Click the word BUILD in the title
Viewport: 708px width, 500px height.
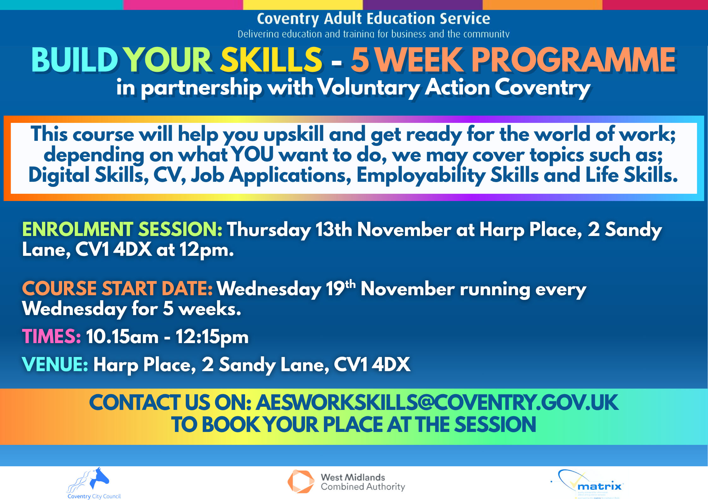pyautogui.click(x=75, y=60)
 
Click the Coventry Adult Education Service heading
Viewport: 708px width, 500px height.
pyautogui.click(x=373, y=18)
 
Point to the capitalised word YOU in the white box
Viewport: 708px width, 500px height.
pyautogui.click(x=252, y=155)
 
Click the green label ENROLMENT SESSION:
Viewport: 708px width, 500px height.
pyautogui.click(x=122, y=229)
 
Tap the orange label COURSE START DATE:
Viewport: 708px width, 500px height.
pyautogui.click(x=117, y=288)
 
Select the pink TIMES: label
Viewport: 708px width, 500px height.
pyautogui.click(x=51, y=336)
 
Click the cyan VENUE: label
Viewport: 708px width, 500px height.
pyautogui.click(x=55, y=364)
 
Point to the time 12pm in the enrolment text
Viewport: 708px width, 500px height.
pyautogui.click(x=207, y=250)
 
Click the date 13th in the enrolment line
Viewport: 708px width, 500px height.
pyautogui.click(x=334, y=229)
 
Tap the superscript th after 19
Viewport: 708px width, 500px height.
pyautogui.click(x=350, y=284)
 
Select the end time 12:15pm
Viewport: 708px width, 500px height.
pyautogui.click(x=212, y=337)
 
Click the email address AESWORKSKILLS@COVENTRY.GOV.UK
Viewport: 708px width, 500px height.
pyautogui.click(x=437, y=403)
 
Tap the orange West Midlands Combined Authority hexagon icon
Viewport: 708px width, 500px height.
pyautogui.click(x=301, y=481)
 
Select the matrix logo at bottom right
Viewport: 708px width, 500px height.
pyautogui.click(x=590, y=484)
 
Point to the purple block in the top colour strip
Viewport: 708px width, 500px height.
pyautogui.click(x=423, y=4)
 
